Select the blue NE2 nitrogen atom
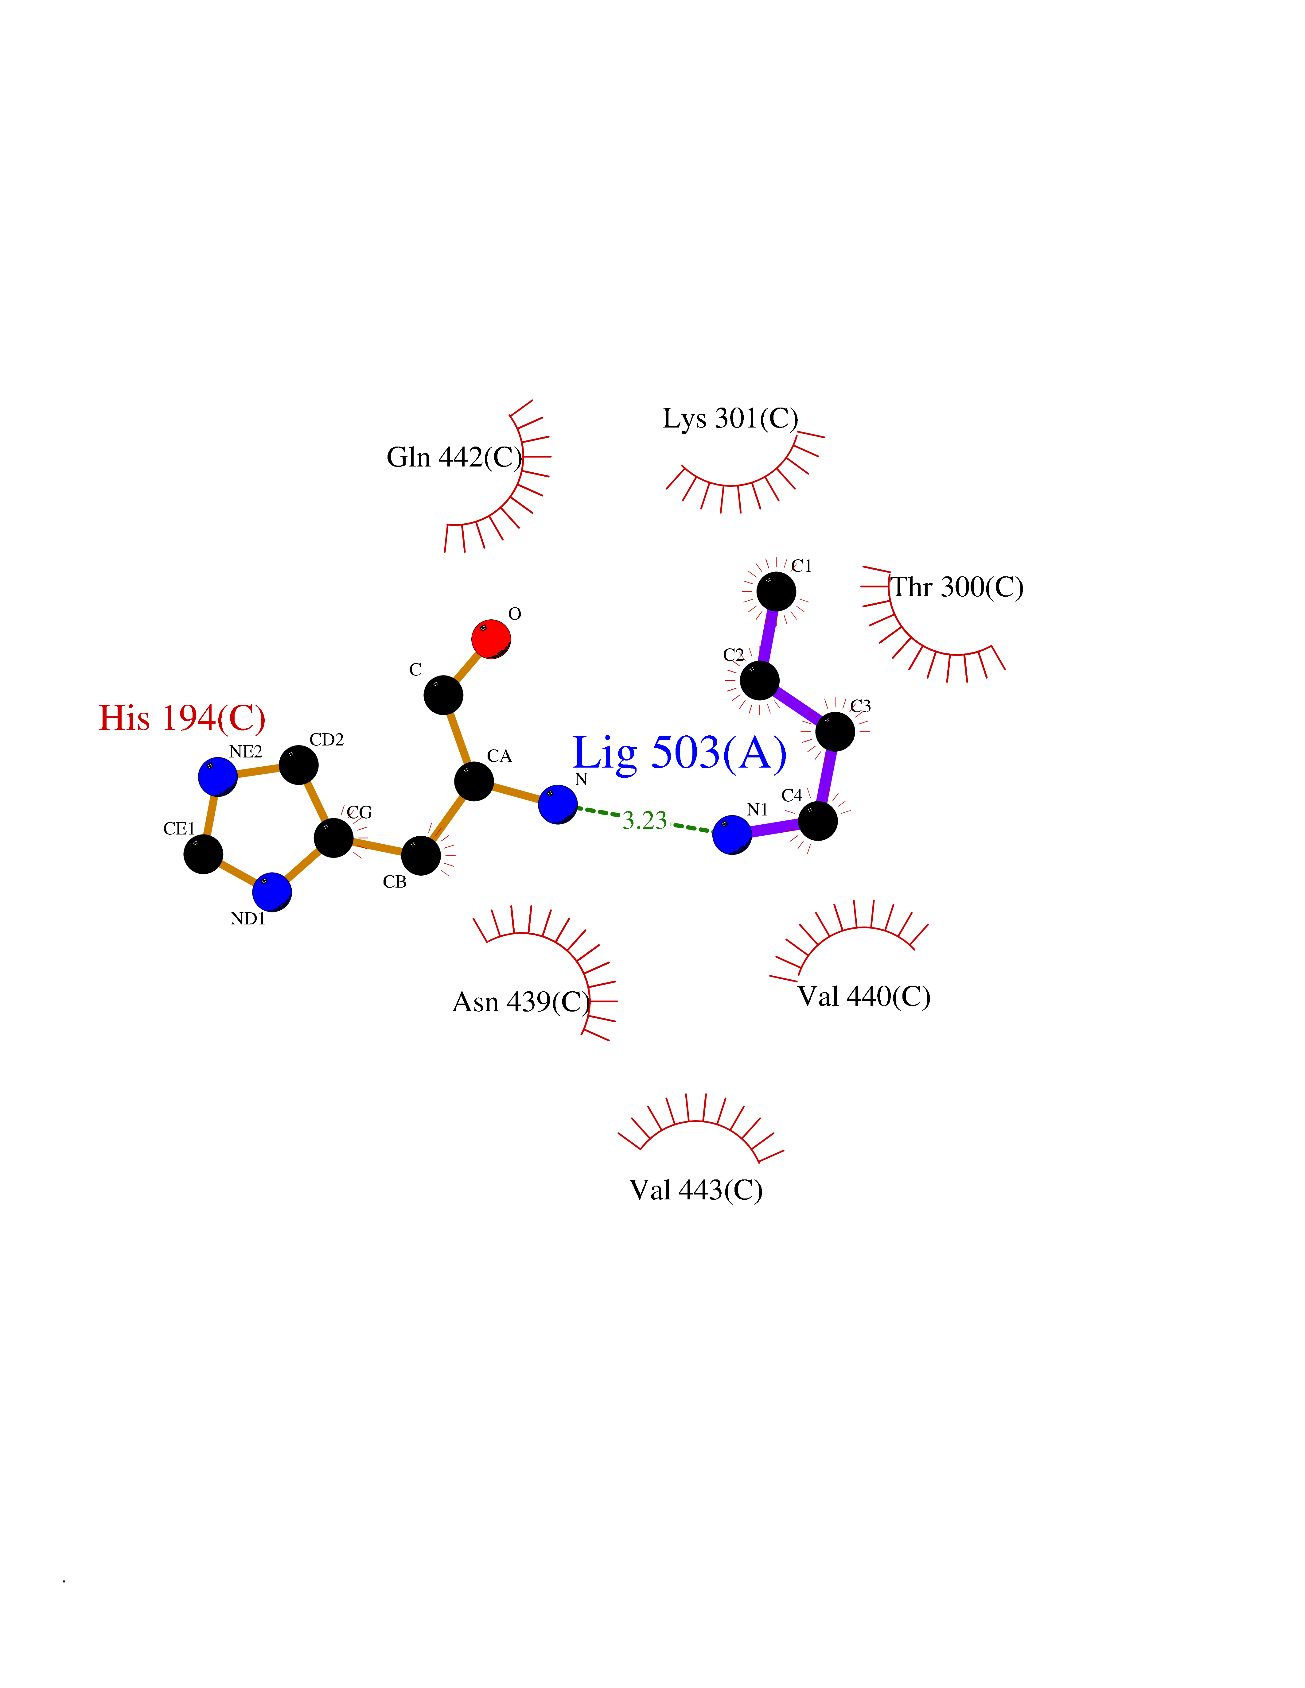(218, 777)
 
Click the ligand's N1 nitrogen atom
(731, 835)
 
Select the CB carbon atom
(421, 856)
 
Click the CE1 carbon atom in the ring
(203, 854)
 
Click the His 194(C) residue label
(182, 718)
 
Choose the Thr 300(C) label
(957, 587)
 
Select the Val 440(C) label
(863, 996)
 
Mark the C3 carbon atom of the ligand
(835, 731)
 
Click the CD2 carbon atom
(298, 765)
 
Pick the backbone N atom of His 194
(557, 805)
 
